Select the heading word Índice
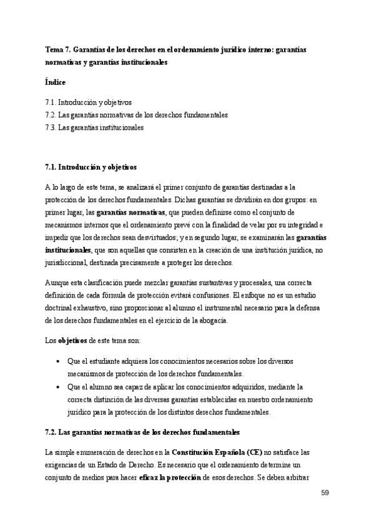[56, 82]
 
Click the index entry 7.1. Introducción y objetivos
[88, 102]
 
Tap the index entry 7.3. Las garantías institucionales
[94, 128]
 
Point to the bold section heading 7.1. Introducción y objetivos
[91, 168]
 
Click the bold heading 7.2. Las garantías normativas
[142, 432]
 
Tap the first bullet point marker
[57, 362]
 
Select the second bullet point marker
[57, 387]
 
